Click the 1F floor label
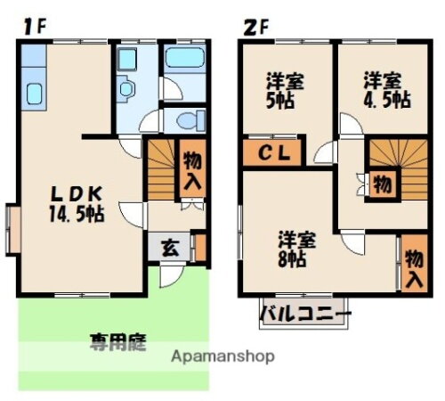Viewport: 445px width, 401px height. (x=34, y=26)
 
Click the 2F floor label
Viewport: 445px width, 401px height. (x=255, y=26)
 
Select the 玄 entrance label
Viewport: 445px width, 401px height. (x=167, y=247)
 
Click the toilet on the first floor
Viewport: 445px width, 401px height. (x=186, y=120)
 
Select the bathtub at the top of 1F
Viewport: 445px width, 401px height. (x=185, y=65)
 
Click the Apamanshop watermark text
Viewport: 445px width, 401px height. (x=222, y=356)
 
